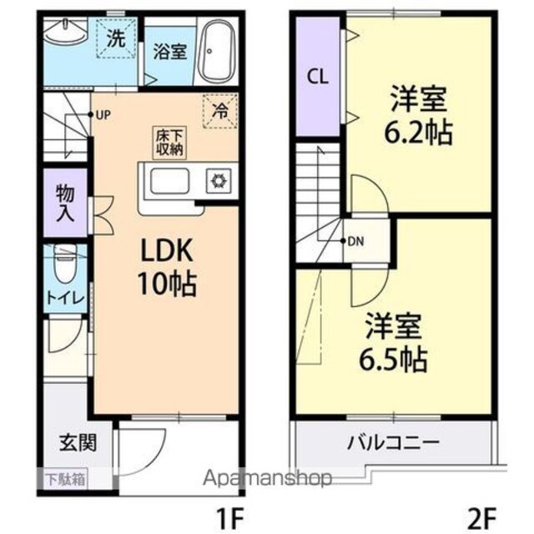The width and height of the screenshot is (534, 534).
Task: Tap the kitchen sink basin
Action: point(170,179)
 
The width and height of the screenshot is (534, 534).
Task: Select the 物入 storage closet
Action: point(67,203)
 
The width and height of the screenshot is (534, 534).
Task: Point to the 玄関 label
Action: point(76,441)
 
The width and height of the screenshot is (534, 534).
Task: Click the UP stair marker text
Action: point(103,115)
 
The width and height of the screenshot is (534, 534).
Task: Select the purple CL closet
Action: point(316,78)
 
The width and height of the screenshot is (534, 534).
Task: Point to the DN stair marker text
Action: point(356,242)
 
